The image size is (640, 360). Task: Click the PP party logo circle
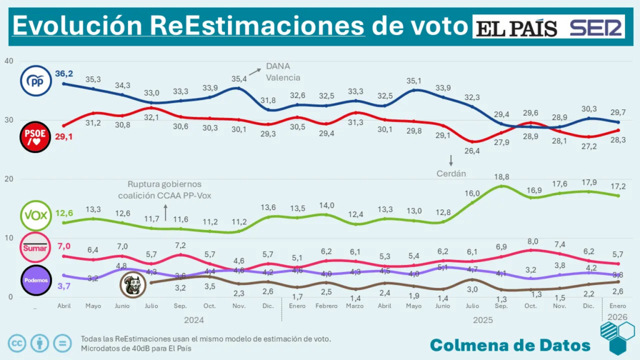point(36,81)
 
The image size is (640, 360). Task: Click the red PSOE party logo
point(36,136)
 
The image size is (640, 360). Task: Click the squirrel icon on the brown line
point(133,284)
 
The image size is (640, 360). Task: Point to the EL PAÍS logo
point(518,28)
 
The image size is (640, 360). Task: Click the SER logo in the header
point(597,28)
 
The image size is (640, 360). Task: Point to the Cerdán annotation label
point(451,173)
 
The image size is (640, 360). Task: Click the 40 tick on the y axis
point(8,61)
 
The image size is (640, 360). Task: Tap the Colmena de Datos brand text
point(510,344)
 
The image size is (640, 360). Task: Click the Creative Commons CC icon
point(17,342)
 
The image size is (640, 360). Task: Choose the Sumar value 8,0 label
point(531,241)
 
